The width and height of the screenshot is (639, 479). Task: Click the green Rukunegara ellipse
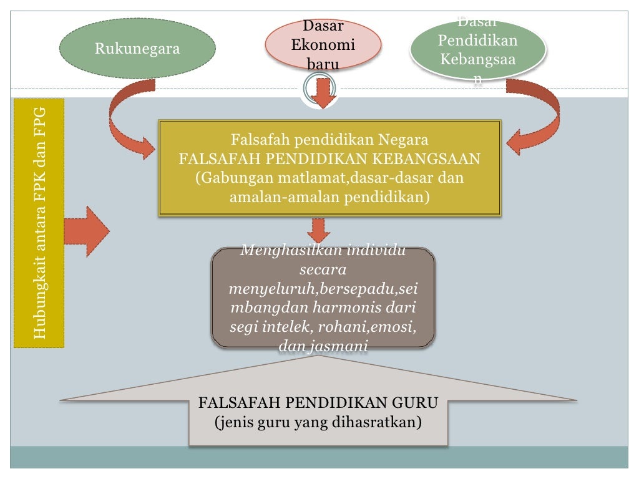coord(137,49)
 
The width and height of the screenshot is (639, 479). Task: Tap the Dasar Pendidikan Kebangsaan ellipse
coord(477,50)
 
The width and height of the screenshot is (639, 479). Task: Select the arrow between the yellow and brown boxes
coord(319,230)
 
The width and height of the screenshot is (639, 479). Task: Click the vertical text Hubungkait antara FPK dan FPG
coord(39,223)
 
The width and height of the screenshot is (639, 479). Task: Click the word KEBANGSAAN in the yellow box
coord(431,158)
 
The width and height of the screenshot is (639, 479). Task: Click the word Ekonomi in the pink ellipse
coord(323,45)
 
